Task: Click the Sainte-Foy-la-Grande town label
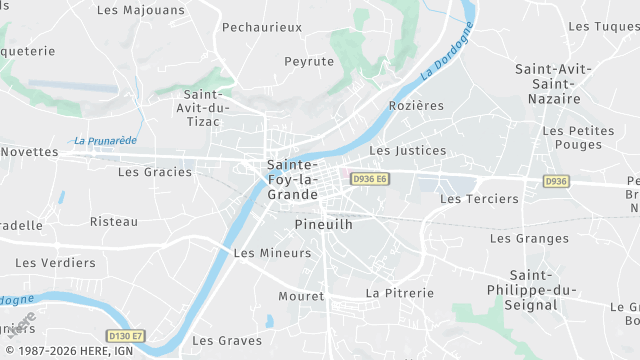[293, 179]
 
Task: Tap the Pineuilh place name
[324, 225]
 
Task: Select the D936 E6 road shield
[368, 179]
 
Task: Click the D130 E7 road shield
[125, 336]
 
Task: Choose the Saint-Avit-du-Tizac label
[203, 107]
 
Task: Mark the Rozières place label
[415, 105]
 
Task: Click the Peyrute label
[308, 61]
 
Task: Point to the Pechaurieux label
[262, 27]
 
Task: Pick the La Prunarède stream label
[105, 141]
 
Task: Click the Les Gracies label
[155, 171]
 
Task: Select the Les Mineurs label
[272, 253]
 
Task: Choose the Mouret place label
[301, 297]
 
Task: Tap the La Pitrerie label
[400, 293]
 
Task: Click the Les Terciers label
[480, 199]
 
